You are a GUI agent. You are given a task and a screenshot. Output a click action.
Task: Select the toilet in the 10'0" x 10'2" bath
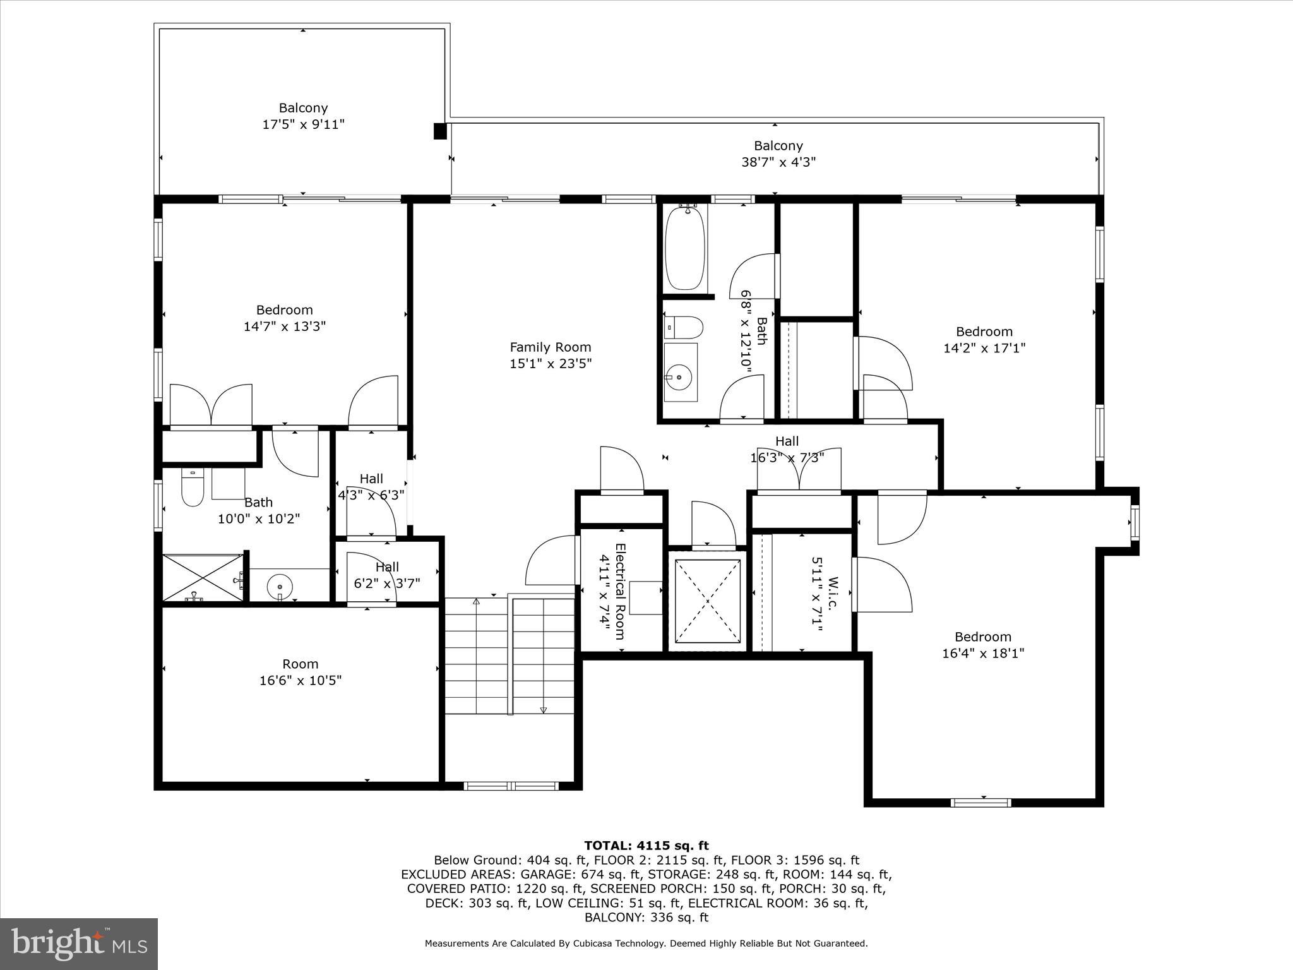point(193,488)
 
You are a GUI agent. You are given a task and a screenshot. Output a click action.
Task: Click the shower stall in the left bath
point(202,577)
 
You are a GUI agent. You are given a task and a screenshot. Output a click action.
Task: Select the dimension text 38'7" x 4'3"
point(778,162)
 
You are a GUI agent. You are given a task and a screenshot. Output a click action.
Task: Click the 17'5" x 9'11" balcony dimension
point(303,124)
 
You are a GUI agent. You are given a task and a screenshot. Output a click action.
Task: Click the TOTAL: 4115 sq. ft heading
point(646,846)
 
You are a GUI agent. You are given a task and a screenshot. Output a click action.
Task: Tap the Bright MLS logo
point(79,943)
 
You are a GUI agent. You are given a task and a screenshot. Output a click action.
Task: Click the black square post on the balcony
point(440,131)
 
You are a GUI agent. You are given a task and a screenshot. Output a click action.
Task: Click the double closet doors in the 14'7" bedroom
point(212,405)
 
